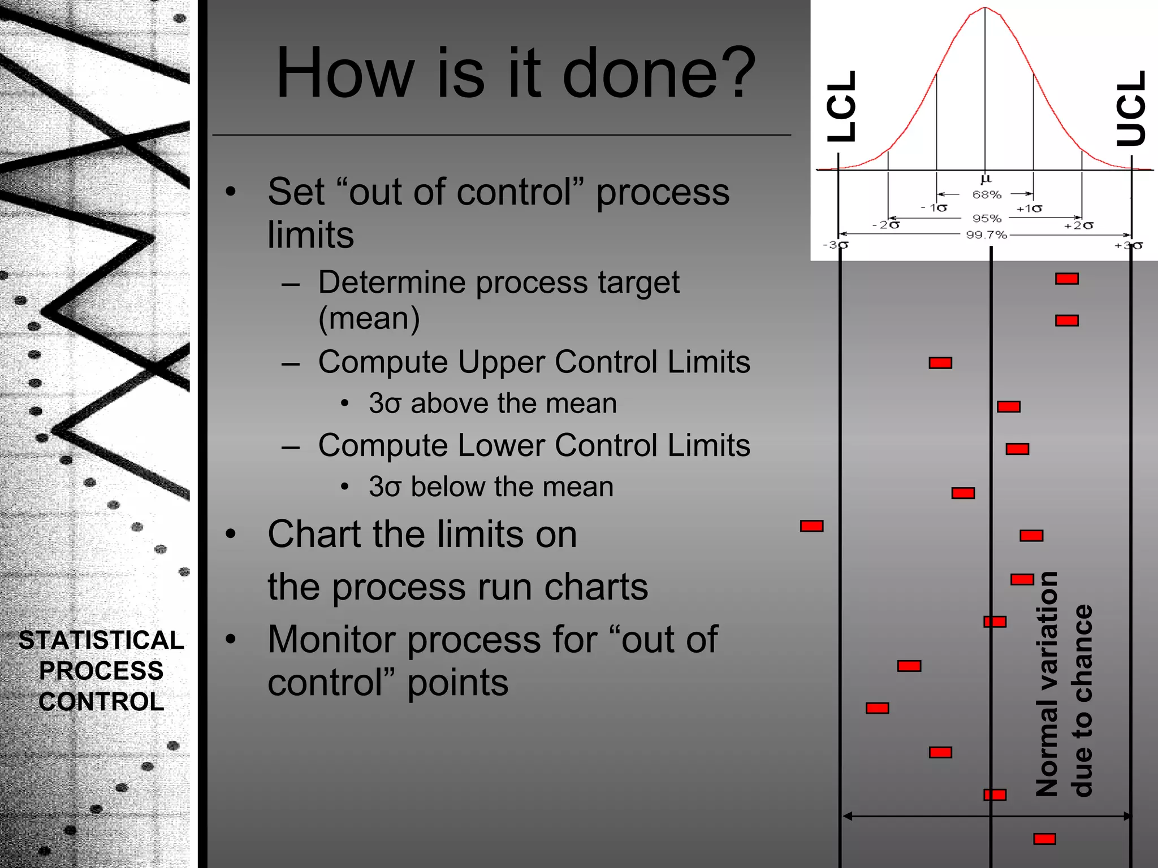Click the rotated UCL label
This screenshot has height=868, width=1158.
coord(1131,107)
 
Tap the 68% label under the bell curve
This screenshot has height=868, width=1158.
coord(987,195)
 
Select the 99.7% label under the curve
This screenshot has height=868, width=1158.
coord(986,235)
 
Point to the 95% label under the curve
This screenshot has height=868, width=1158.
coord(987,218)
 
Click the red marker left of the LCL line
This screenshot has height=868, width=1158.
coord(811,526)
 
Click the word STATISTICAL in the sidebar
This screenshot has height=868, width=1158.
coord(101,640)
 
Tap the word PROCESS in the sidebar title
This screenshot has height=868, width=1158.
coord(101,671)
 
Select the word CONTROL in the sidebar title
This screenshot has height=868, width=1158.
coord(101,702)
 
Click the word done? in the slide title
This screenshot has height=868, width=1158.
coord(659,73)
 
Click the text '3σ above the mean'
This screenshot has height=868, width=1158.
coord(492,403)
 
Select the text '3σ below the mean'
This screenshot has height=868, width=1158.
coord(491,487)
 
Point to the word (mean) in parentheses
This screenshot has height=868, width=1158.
coord(369,318)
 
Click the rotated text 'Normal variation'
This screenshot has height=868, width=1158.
coord(1047,684)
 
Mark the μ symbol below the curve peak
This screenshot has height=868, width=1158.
coord(986,179)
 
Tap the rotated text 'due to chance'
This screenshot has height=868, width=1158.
coord(1082,701)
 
